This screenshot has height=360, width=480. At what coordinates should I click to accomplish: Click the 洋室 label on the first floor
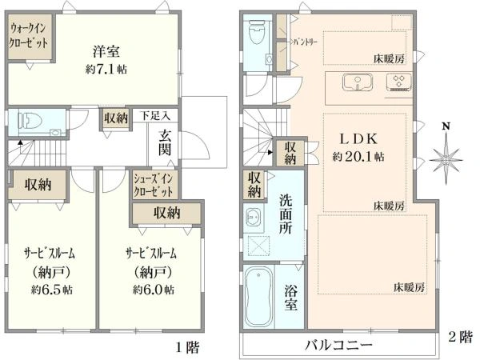point(106,52)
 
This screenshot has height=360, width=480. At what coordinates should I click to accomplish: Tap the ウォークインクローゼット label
point(30,38)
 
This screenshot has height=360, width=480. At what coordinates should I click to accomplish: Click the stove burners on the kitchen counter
point(398,82)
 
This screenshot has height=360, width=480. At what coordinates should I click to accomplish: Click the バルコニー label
point(337,345)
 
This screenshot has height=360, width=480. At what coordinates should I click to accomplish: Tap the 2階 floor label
point(462,336)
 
